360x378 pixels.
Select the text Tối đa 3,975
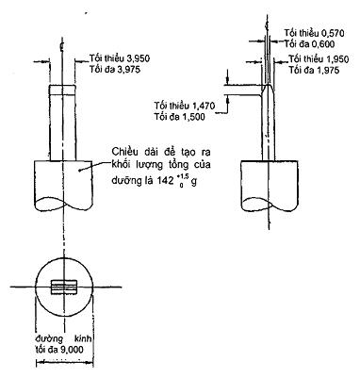click(115, 69)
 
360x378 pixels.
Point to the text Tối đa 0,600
click(310, 44)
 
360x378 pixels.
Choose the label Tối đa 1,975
click(315, 70)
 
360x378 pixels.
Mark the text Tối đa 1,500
click(180, 117)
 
